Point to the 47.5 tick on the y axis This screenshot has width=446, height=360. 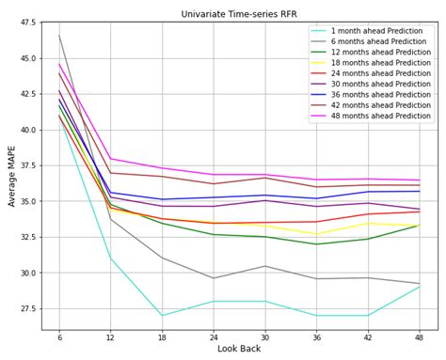[x=28, y=23]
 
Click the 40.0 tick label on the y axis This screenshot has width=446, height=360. [x=28, y=130]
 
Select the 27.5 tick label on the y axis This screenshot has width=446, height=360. [x=28, y=308]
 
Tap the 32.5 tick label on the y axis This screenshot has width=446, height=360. [x=28, y=237]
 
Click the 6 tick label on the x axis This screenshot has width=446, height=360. [x=59, y=337]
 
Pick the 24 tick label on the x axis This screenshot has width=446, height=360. [x=214, y=337]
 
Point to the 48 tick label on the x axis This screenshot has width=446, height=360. [x=420, y=337]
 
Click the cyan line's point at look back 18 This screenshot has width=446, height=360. [x=162, y=315]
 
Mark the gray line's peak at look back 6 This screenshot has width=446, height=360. [x=59, y=36]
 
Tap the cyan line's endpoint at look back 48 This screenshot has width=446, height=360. [x=420, y=287]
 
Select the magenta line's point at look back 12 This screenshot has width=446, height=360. [x=111, y=158]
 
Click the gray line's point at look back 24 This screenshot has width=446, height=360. [x=214, y=278]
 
